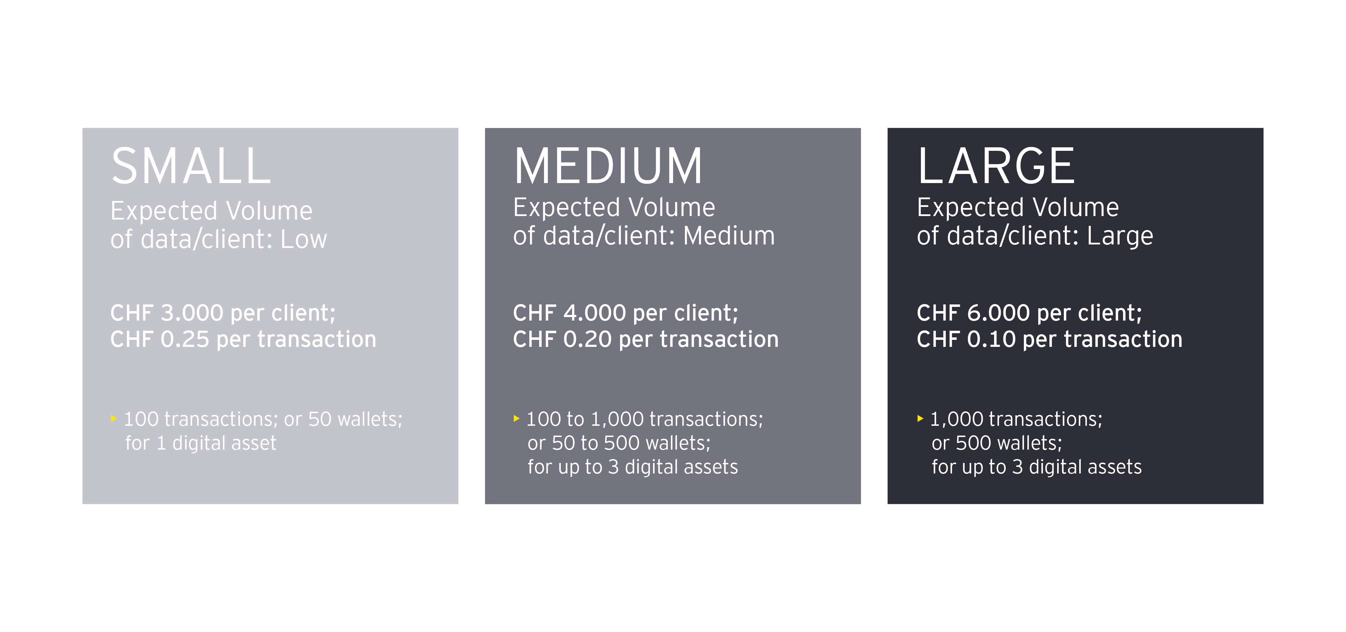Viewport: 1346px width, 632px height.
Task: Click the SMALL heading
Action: click(x=191, y=166)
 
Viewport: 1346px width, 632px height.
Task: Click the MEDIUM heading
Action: click(x=608, y=166)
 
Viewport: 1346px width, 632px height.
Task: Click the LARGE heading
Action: click(x=996, y=166)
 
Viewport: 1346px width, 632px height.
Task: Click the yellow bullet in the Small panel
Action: click(x=113, y=418)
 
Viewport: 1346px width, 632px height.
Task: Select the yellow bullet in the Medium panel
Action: click(x=516, y=418)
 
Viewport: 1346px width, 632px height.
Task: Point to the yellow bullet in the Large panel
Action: click(x=920, y=418)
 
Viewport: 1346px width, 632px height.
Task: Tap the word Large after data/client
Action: click(x=1120, y=237)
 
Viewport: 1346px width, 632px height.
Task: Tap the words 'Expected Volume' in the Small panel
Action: click(x=211, y=211)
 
